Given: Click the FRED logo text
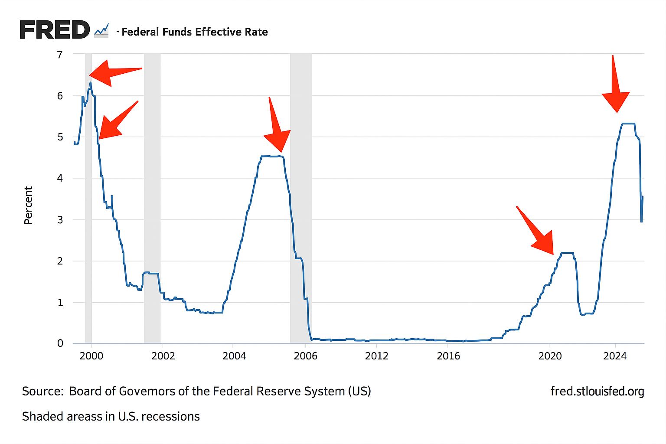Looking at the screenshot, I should pyautogui.click(x=54, y=30).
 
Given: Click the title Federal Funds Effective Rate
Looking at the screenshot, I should pyautogui.click(x=195, y=32).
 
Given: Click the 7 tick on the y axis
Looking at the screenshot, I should pyautogui.click(x=60, y=55).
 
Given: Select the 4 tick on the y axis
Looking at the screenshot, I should pyautogui.click(x=60, y=178).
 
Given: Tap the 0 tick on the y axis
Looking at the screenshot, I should pyautogui.click(x=60, y=343).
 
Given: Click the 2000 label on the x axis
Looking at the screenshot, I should pyautogui.click(x=91, y=356).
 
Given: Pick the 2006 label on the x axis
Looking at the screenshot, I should pyautogui.click(x=305, y=356).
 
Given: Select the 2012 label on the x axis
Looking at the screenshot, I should pyautogui.click(x=376, y=356).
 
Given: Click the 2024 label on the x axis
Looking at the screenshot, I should pyautogui.click(x=615, y=356).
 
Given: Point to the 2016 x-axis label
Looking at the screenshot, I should pyautogui.click(x=448, y=356).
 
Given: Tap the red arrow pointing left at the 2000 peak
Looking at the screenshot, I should pyautogui.click(x=113, y=73).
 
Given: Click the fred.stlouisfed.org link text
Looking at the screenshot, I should pyautogui.click(x=597, y=391).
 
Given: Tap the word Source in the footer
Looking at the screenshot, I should pyautogui.click(x=42, y=391).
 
